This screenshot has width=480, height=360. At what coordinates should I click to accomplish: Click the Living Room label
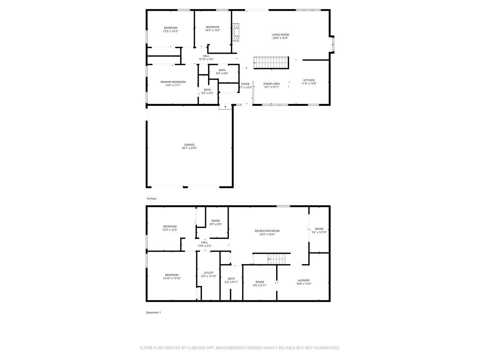(280, 35)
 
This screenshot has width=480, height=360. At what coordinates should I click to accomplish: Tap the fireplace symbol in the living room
(235, 32)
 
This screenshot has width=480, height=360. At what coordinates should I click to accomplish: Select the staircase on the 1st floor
(271, 63)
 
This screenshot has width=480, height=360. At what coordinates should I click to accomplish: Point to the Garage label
(189, 145)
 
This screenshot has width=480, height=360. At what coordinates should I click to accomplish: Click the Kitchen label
(309, 80)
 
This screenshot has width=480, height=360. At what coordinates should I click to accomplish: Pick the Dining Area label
(272, 84)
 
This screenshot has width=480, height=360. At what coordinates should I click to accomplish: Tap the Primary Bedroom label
(173, 82)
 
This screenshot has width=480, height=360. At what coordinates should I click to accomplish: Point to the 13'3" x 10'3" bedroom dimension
(171, 31)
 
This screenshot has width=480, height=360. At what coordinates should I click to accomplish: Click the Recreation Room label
(267, 231)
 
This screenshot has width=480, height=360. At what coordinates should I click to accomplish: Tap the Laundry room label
(304, 280)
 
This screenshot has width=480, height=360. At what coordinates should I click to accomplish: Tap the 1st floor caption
(151, 199)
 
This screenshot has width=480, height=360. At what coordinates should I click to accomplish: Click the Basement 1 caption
(153, 312)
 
